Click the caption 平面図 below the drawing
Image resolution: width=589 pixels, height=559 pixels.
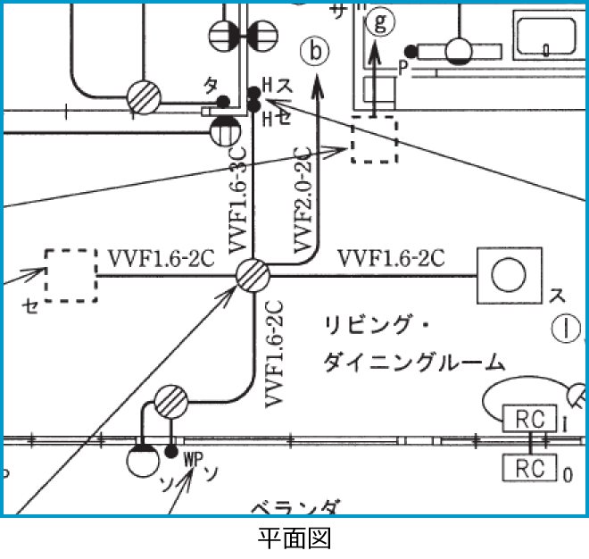294,538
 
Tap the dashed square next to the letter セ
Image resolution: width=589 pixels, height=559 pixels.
71,276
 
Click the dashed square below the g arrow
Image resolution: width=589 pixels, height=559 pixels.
374,139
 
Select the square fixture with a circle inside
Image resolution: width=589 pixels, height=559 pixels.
509,274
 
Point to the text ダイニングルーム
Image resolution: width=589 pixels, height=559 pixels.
411,362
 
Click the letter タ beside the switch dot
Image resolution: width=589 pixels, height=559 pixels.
211,86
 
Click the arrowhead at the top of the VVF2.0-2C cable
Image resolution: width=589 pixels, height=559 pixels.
319,87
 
